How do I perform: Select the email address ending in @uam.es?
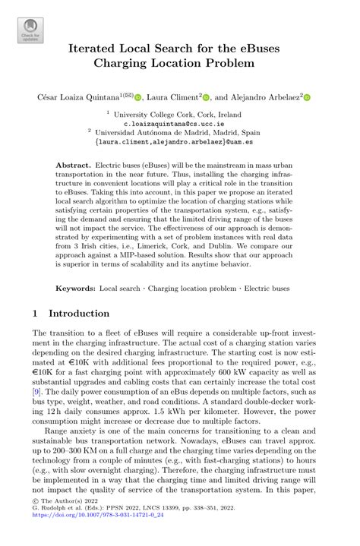click(x=180, y=140)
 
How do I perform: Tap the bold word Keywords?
click(x=76, y=289)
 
